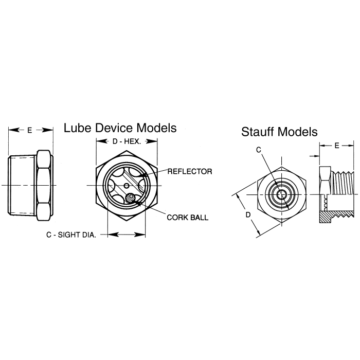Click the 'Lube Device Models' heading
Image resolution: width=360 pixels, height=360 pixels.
click(x=120, y=128)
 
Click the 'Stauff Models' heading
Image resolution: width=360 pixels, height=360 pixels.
click(x=279, y=132)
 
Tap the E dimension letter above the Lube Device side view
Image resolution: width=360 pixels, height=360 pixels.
click(x=30, y=131)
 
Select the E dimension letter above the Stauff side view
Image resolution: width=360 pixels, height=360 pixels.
click(x=336, y=146)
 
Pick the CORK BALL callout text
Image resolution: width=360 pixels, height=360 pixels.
click(x=187, y=217)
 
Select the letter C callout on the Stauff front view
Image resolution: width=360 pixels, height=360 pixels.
click(x=259, y=150)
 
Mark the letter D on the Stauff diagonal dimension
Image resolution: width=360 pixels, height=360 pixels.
click(x=247, y=214)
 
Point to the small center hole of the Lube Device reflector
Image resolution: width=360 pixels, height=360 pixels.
click(x=127, y=185)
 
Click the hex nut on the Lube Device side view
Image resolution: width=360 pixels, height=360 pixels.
click(x=44, y=185)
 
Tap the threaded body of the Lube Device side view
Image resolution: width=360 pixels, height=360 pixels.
click(x=23, y=185)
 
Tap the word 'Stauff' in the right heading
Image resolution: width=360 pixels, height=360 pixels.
click(x=258, y=132)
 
